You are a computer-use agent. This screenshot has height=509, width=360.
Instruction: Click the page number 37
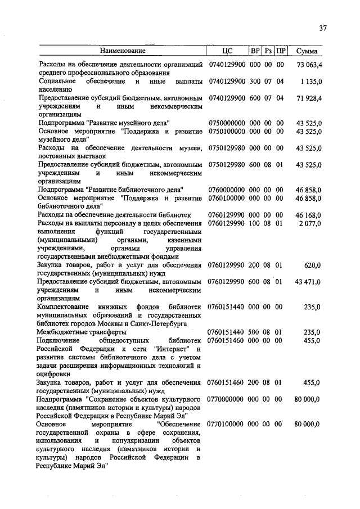pos(322,29)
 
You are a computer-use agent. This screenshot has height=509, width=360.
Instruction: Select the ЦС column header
pos(227,51)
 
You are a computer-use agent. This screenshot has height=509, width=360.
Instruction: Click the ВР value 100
pos(254,223)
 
